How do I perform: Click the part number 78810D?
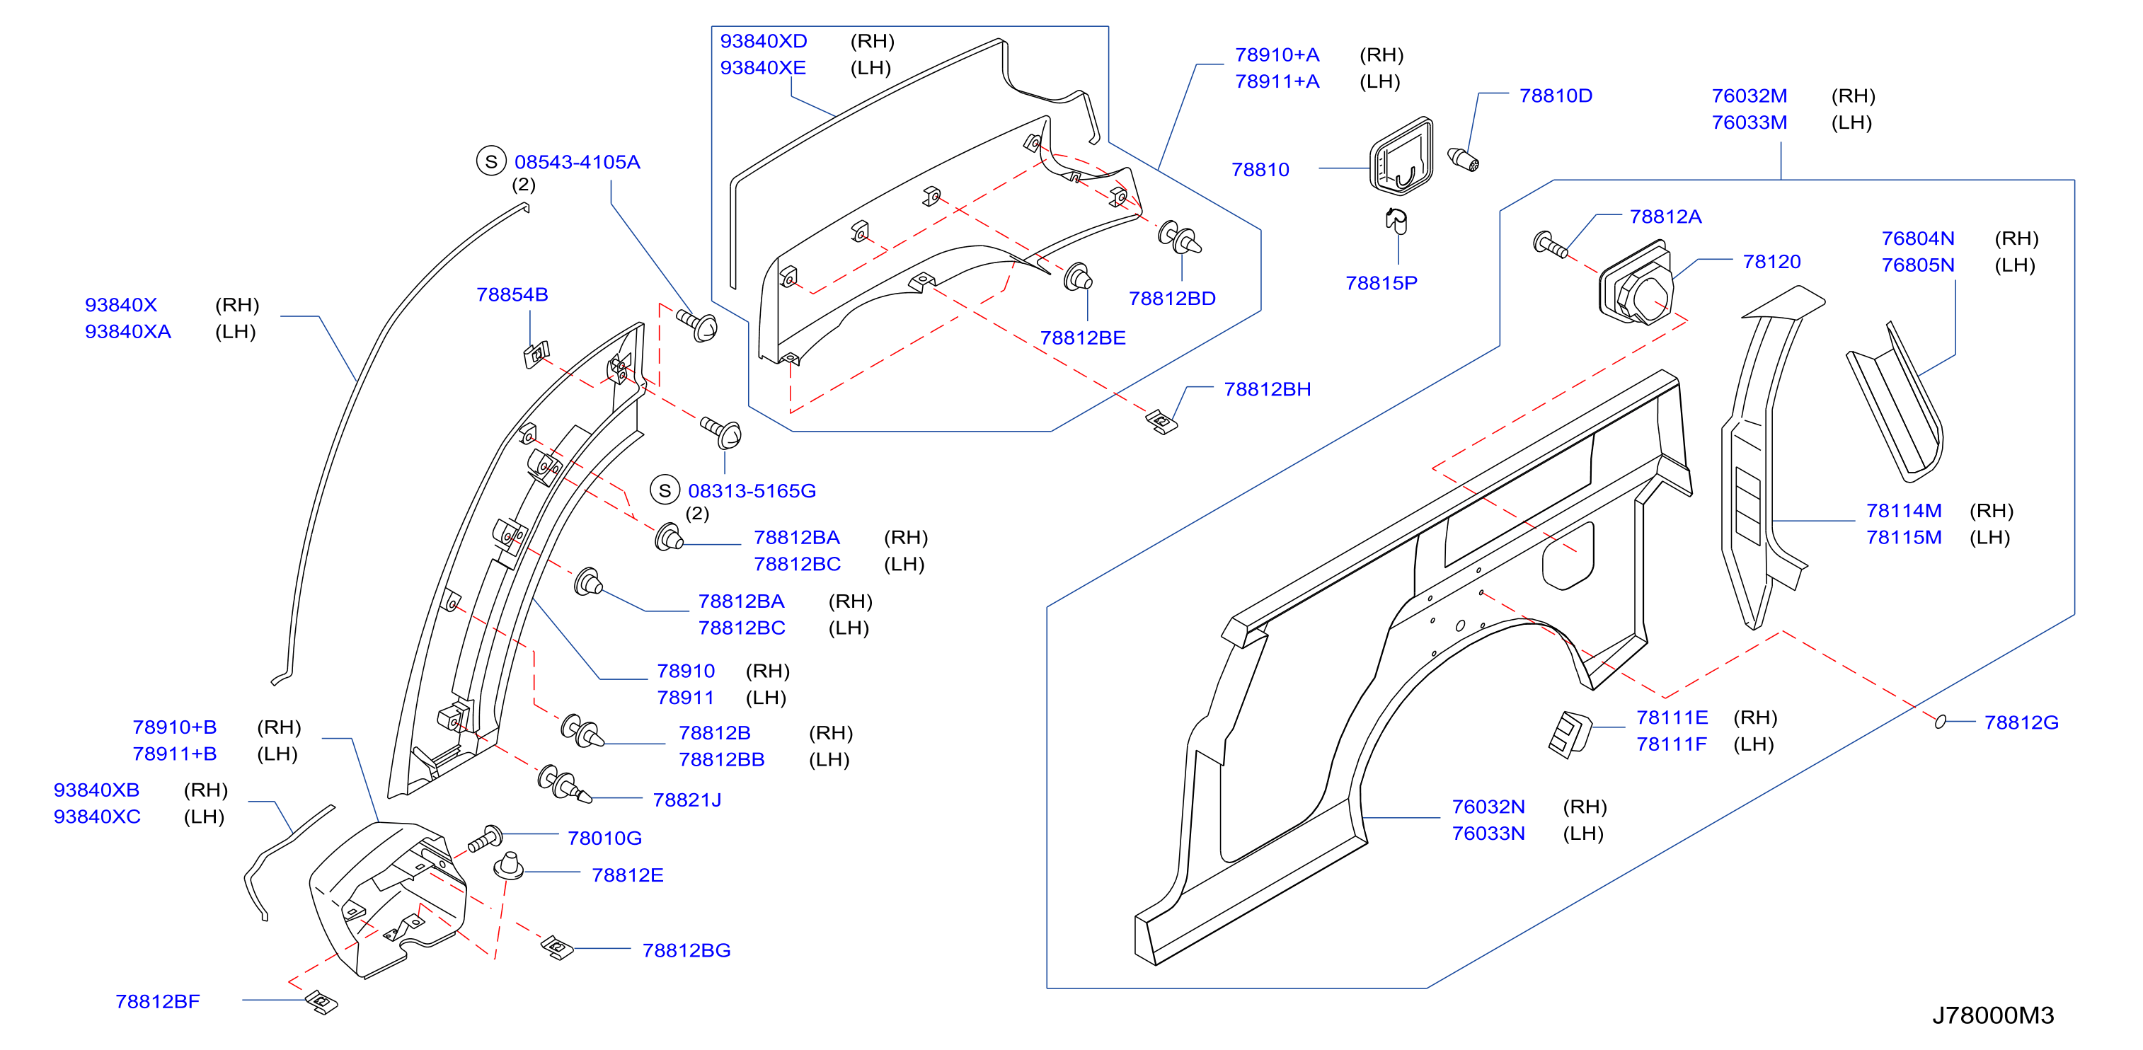pos(1555,96)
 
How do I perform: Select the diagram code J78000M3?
pos(1992,1015)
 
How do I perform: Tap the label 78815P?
pos(1381,283)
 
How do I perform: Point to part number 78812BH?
pos(1267,389)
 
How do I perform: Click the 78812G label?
pos(2021,722)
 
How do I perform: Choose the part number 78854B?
pos(512,294)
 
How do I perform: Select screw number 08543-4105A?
pos(577,162)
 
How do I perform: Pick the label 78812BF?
pos(157,1001)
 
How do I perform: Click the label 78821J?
pos(686,800)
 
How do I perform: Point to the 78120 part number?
pos(1771,261)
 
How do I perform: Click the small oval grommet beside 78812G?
pos(1940,722)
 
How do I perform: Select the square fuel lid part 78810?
pos(1402,156)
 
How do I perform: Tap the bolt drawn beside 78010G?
pos(484,838)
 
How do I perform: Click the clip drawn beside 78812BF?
pos(321,1002)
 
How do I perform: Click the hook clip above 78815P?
pos(1396,221)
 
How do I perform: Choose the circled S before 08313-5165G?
pos(664,491)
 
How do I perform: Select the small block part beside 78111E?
pos(1570,734)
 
